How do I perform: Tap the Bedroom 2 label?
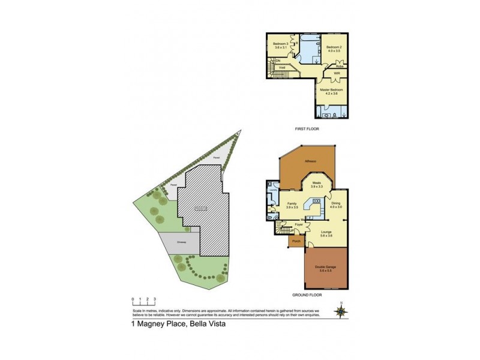click(x=334, y=48)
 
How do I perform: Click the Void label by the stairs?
click(x=282, y=68)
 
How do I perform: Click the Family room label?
click(x=292, y=205)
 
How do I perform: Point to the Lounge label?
click(x=327, y=232)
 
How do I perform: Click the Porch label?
click(x=296, y=241)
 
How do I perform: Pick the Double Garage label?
click(x=326, y=269)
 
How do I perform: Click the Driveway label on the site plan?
click(x=181, y=242)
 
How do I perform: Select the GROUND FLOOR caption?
click(x=308, y=295)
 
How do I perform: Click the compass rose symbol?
click(x=342, y=311)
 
